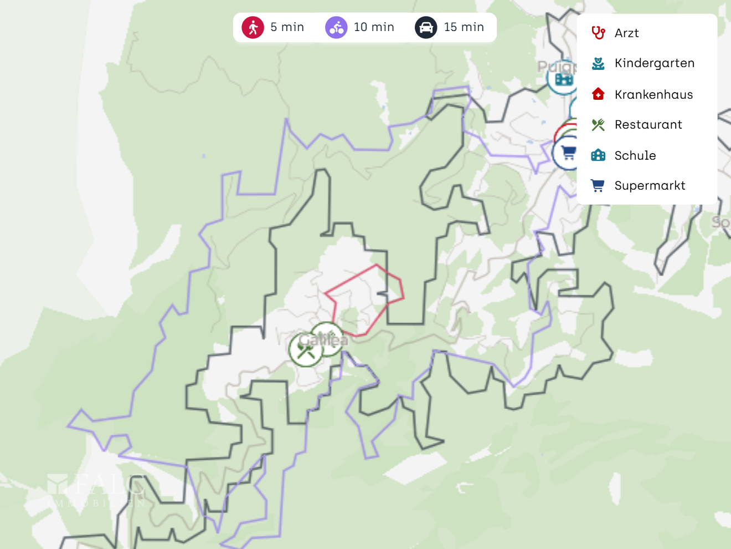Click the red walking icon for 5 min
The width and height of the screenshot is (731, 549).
click(253, 27)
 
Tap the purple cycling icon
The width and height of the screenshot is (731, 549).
click(336, 27)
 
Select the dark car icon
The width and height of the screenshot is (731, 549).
click(426, 27)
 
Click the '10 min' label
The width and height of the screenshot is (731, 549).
click(374, 27)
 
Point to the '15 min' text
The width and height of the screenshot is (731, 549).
click(464, 27)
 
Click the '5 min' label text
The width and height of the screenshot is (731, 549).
click(287, 27)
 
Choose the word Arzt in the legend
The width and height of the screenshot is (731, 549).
click(626, 33)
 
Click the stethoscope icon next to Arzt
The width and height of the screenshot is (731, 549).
click(598, 33)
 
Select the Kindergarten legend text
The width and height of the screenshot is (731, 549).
click(654, 63)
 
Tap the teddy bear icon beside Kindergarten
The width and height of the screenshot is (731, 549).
click(598, 64)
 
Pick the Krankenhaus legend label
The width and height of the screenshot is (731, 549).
click(653, 94)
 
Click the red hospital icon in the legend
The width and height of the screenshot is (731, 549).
click(598, 94)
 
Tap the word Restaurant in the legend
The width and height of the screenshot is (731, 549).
click(648, 125)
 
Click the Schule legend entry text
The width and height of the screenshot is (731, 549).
click(635, 155)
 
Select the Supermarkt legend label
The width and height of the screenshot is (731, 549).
click(650, 186)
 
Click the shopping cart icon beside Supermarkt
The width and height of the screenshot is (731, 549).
click(598, 186)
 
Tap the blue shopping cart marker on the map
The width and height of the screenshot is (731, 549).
click(567, 152)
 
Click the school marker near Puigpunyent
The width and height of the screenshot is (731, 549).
click(563, 79)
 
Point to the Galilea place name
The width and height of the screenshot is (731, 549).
click(324, 339)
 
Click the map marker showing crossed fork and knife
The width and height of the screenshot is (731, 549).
click(305, 350)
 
